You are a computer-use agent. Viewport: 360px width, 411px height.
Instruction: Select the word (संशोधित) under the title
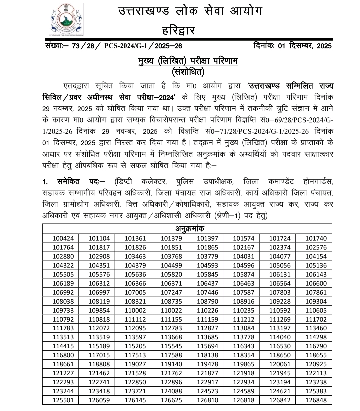click(188, 71)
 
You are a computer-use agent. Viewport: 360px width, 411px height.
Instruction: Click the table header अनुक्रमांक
click(187, 229)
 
